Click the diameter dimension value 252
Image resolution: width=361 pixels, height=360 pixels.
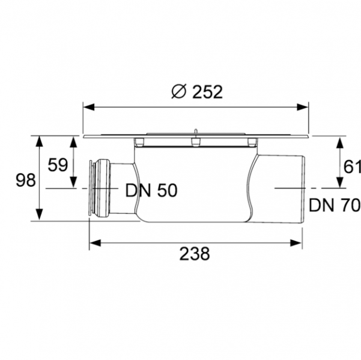point(208,91)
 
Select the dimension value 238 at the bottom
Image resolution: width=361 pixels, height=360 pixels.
point(195,254)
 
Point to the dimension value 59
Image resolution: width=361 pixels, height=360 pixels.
point(58,164)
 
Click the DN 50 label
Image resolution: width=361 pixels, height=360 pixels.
point(151,191)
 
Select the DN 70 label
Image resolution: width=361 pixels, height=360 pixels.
point(335,206)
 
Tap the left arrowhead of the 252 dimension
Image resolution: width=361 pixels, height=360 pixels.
point(87,107)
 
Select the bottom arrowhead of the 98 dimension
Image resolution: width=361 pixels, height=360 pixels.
point(39,217)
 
